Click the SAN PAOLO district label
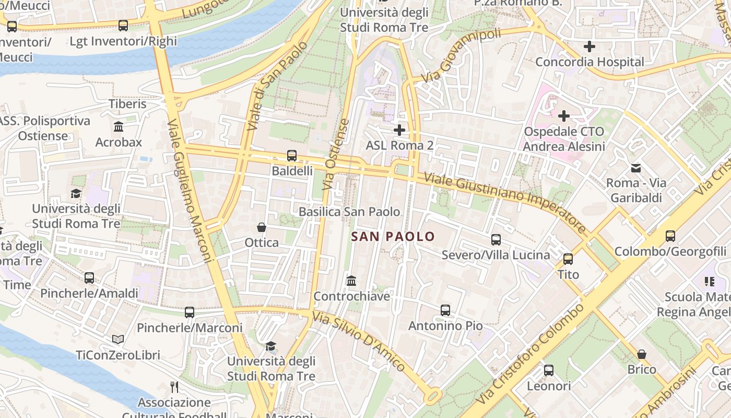tap(393, 237)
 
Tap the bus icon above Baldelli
tap(292, 155)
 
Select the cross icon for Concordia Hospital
tap(589, 47)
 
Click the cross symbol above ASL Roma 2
tap(399, 130)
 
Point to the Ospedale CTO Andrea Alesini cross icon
tap(564, 115)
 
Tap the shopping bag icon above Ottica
tap(262, 227)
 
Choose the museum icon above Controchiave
tap(351, 281)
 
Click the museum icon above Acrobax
tap(119, 127)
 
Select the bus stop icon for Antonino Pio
tap(445, 310)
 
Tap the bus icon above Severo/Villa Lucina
tap(496, 240)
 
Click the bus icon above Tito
tap(568, 259)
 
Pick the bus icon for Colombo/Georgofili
tap(670, 236)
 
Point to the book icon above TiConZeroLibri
tap(118, 340)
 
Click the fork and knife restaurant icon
tap(174, 387)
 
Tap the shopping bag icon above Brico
tap(642, 354)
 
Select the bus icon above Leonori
tap(549, 370)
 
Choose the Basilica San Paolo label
tap(349, 212)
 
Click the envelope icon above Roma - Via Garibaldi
tap(636, 168)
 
